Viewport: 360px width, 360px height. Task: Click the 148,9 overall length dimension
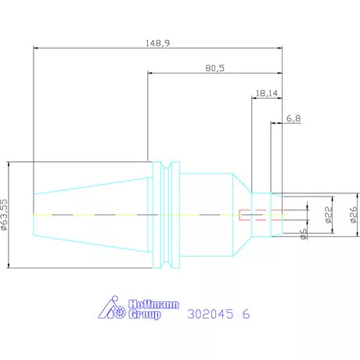(x=157, y=43)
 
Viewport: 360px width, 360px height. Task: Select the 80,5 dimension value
(x=214, y=68)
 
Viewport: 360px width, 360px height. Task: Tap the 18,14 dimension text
(x=267, y=93)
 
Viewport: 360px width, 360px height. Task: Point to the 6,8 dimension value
(x=293, y=118)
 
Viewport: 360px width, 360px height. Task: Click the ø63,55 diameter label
(x=5, y=214)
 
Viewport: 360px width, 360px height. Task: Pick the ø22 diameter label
(x=329, y=214)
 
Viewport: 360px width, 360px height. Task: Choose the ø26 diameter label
(x=354, y=214)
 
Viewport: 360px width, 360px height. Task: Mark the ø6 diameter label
(x=304, y=234)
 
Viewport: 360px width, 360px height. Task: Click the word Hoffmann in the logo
(x=153, y=304)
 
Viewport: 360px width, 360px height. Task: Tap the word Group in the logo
(x=145, y=315)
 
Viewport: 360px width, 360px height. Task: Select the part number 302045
(x=211, y=314)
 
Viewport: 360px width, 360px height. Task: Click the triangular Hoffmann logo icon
(x=112, y=308)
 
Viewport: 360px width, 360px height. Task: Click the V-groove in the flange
(x=166, y=215)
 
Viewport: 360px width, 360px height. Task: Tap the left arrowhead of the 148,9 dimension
(x=36, y=48)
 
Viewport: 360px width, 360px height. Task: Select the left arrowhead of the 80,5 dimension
(x=150, y=73)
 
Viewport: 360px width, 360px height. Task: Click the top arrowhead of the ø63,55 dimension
(x=9, y=164)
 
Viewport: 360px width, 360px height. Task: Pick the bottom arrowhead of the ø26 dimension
(x=358, y=234)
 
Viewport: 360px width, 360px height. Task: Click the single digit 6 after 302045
(x=246, y=314)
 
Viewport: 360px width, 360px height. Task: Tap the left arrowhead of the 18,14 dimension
(x=254, y=98)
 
